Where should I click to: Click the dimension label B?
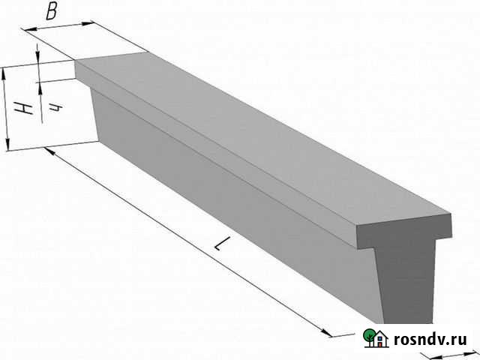[x=52, y=12]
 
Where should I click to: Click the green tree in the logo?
[x=369, y=337]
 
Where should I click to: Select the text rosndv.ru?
[x=430, y=340]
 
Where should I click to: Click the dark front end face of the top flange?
[x=404, y=230]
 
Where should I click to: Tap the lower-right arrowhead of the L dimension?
[x=326, y=332]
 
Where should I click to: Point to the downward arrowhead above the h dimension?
[x=38, y=55]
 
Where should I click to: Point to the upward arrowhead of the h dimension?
[x=40, y=88]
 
